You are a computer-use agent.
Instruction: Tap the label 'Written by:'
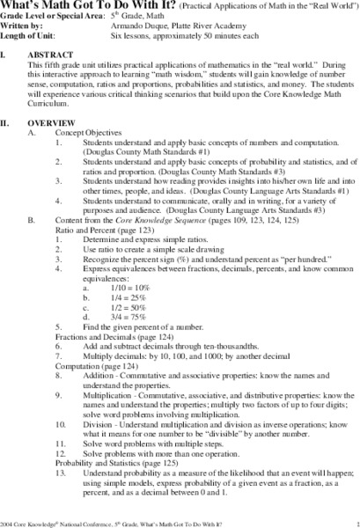click(21, 28)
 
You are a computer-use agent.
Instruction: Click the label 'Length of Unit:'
click(27, 37)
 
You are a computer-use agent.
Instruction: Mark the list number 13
click(60, 473)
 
